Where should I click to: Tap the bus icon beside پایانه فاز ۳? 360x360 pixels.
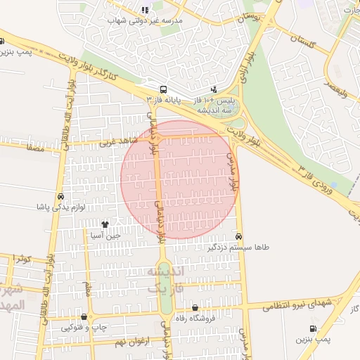(163, 89)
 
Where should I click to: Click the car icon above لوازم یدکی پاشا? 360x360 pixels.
(60, 197)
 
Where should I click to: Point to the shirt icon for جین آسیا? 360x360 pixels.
(105, 225)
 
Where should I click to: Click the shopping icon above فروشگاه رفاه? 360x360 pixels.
(195, 307)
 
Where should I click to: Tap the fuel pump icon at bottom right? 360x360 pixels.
(312, 328)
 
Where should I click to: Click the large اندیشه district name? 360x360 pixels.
(166, 271)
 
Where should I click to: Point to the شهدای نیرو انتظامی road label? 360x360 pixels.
(297, 304)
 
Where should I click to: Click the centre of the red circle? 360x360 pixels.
(180, 179)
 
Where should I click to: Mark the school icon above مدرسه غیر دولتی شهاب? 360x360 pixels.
(145, 10)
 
